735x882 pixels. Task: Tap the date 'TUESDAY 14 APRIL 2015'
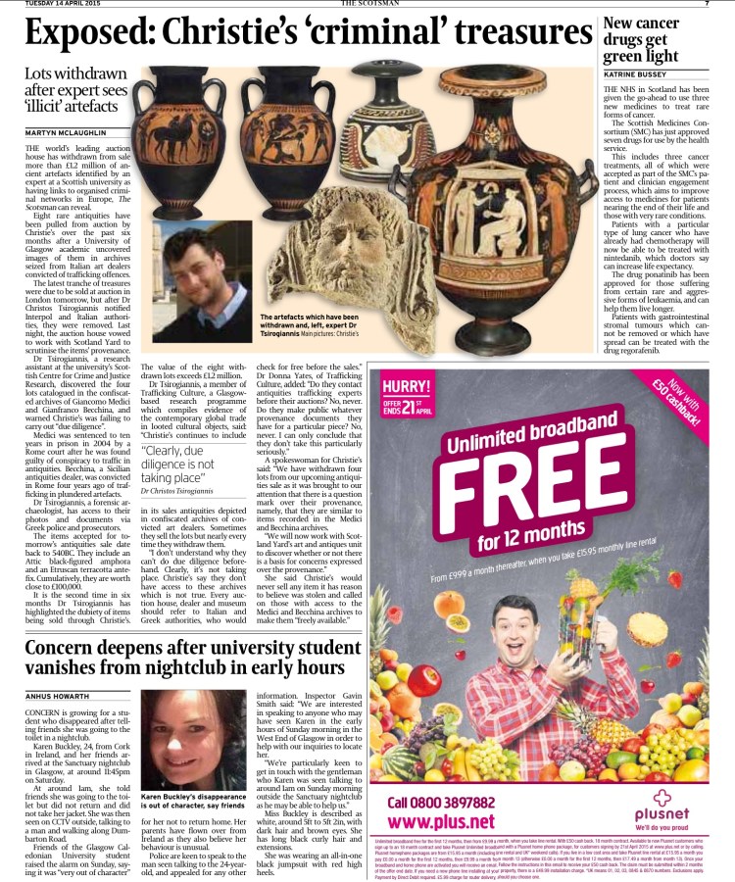pos(65,4)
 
